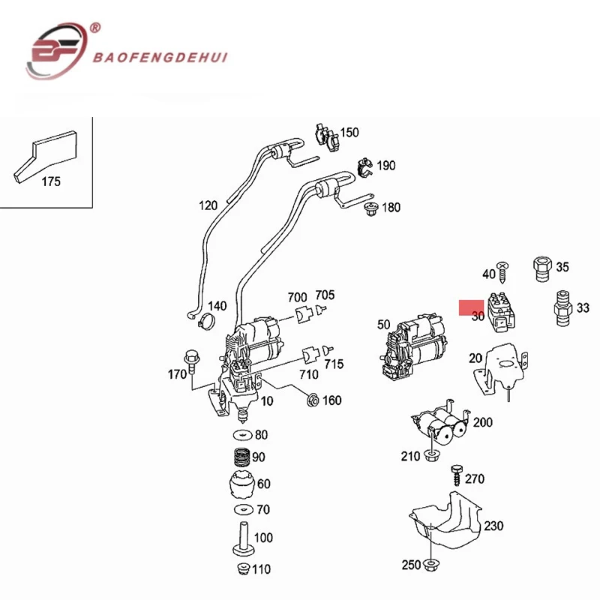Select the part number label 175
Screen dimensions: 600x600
(x=50, y=181)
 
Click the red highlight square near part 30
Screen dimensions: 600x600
(x=472, y=307)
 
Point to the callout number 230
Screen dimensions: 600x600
(x=493, y=526)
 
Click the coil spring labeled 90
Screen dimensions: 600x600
(x=240, y=457)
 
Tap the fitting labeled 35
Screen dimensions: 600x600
(x=540, y=267)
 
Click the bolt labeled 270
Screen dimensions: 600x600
(x=454, y=475)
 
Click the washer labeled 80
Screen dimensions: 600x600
(x=241, y=436)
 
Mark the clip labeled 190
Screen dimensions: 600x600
(x=364, y=166)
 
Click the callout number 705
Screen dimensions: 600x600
(x=325, y=295)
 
